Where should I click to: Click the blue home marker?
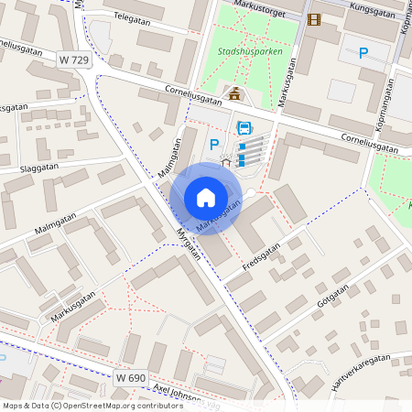point(206,197)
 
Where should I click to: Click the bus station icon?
point(244,128)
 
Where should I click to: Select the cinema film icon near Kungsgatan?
point(315,19)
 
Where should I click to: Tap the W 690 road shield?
point(132,377)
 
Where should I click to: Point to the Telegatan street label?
point(132,16)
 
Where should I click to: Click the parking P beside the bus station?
point(214,144)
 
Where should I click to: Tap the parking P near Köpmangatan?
point(363,54)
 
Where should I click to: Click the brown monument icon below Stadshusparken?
point(235,93)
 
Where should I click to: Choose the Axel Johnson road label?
point(179,393)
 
